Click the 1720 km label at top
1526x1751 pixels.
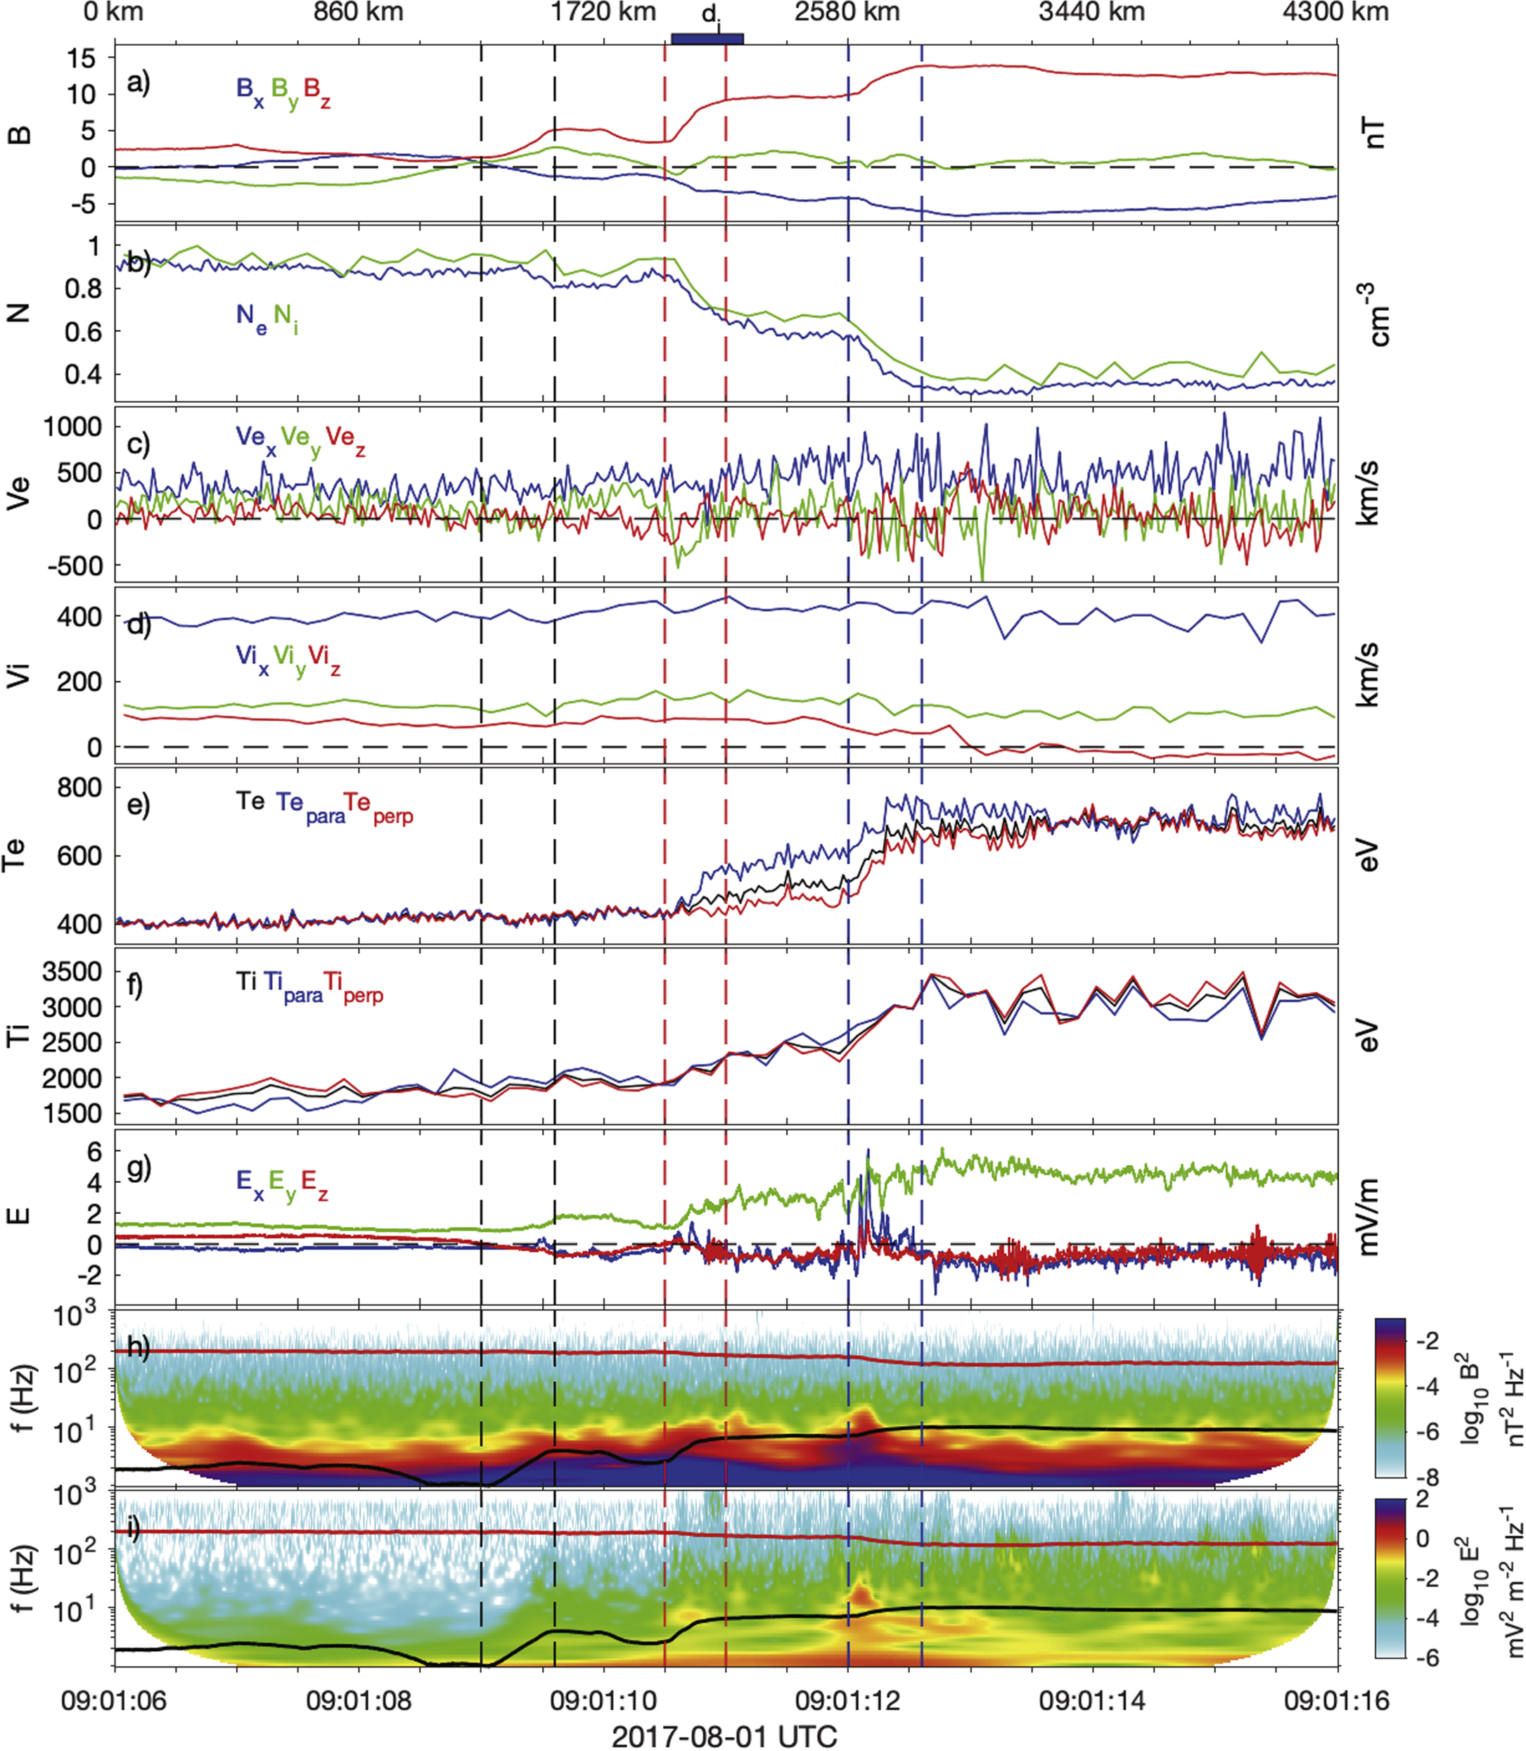point(603,12)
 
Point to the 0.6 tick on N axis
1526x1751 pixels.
point(84,331)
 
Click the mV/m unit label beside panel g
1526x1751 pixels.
point(1368,1217)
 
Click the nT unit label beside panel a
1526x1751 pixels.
point(1368,134)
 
